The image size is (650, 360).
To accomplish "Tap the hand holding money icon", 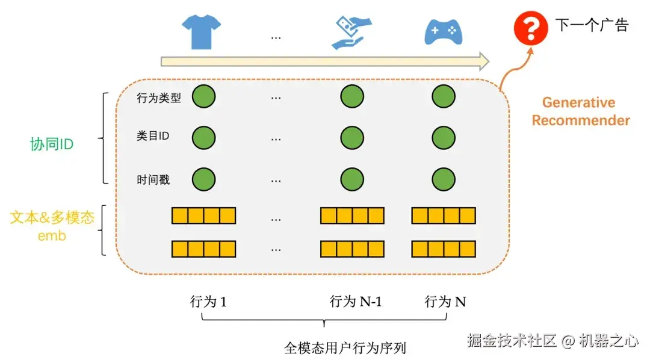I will (x=351, y=32).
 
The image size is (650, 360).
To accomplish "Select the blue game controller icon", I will (x=443, y=31).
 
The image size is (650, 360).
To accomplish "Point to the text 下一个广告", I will (x=591, y=25).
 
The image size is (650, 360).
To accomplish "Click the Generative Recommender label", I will (x=580, y=111).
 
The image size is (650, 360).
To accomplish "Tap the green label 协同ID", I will (x=52, y=144).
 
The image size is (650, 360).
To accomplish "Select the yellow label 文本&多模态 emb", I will (x=52, y=226).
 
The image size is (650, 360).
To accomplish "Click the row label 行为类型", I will (x=159, y=98).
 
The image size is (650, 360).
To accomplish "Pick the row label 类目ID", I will (x=153, y=136).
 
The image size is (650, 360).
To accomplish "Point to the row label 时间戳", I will (x=153, y=179).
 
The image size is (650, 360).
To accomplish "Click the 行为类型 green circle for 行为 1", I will (x=204, y=96).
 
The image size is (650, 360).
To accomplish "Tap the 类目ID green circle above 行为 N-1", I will (x=352, y=137).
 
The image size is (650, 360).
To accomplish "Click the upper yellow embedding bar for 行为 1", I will (x=203, y=216).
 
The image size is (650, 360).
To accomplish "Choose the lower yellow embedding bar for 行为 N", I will (x=444, y=249).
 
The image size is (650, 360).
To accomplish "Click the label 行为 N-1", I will (x=356, y=302).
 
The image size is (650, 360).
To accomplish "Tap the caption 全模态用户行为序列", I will (x=345, y=347).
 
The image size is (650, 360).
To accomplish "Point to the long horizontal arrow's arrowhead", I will (x=482, y=61).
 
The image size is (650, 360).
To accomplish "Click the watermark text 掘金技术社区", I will (x=512, y=341).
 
